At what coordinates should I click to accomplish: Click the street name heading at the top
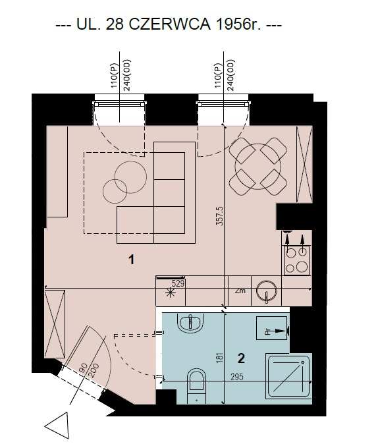pyautogui.click(x=169, y=24)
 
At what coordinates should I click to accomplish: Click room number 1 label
pyautogui.click(x=131, y=260)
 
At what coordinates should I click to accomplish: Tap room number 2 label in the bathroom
pyautogui.click(x=241, y=358)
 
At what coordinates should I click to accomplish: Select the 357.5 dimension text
pyautogui.click(x=219, y=216)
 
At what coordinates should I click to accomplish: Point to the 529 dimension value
pyautogui.click(x=178, y=284)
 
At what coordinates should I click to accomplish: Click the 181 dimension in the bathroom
pyautogui.click(x=219, y=358)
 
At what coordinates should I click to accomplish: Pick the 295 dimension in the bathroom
pyautogui.click(x=237, y=377)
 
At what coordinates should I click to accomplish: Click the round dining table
pyautogui.click(x=258, y=167)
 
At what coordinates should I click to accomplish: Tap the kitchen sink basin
pyautogui.click(x=267, y=291)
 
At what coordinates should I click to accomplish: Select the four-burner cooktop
pyautogui.click(x=297, y=260)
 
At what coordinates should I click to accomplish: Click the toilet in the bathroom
pyautogui.click(x=197, y=385)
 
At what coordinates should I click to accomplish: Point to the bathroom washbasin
pyautogui.click(x=190, y=323)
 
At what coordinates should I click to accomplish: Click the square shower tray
pyautogui.click(x=288, y=376)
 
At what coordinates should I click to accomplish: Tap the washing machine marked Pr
pyautogui.click(x=271, y=328)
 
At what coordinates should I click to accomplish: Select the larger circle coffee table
pyautogui.click(x=131, y=177)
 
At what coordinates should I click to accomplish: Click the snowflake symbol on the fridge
pyautogui.click(x=171, y=293)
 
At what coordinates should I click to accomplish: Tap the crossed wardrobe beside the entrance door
pyautogui.click(x=55, y=323)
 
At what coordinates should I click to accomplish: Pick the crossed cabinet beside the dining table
pyautogui.click(x=304, y=164)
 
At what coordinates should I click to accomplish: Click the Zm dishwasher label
pyautogui.click(x=240, y=291)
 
